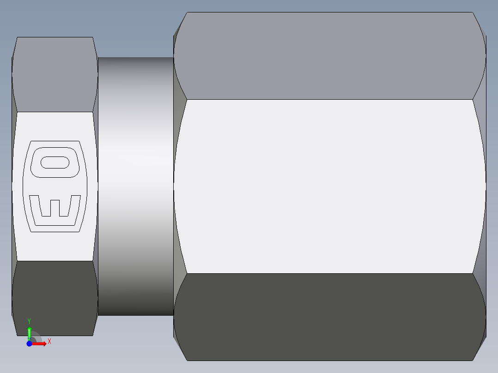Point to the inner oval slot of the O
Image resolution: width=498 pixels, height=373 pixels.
click(x=55, y=162)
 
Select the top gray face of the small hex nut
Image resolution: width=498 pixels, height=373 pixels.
click(x=55, y=74)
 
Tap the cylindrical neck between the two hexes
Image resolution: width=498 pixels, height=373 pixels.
click(x=135, y=185)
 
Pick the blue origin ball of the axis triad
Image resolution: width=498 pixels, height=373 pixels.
click(x=29, y=343)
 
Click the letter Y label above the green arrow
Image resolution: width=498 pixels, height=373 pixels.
click(x=29, y=321)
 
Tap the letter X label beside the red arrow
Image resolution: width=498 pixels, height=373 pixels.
click(x=49, y=342)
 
